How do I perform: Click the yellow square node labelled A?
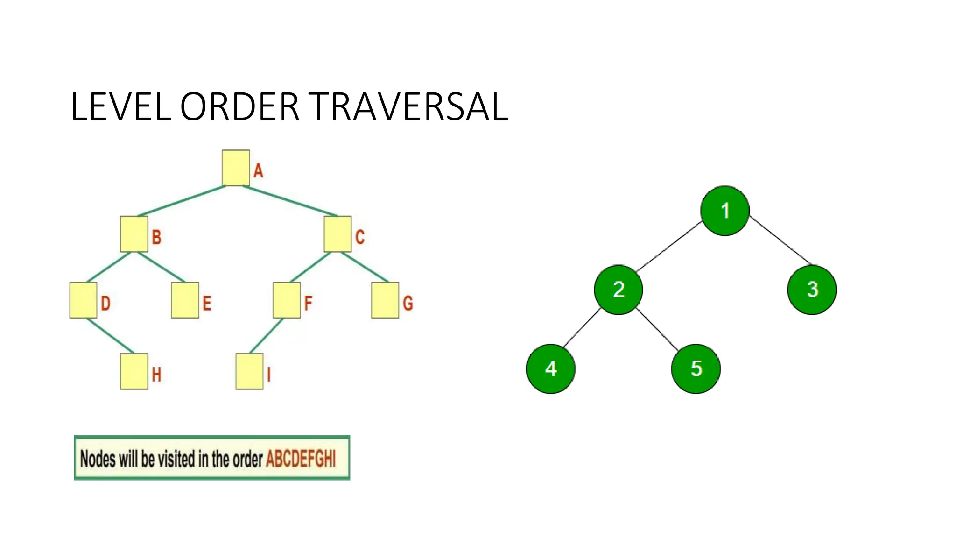pos(236,168)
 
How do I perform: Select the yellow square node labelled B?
pos(134,234)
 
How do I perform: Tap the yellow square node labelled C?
pos(337,234)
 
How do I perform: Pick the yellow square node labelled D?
pos(83,300)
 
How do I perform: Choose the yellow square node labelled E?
pos(185,300)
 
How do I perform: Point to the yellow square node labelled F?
pos(287,300)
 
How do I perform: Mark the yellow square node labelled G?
pos(385,300)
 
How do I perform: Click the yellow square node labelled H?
pos(134,371)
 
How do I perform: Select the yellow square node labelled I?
pos(249,371)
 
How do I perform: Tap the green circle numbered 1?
pos(725,211)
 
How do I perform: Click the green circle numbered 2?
pos(619,290)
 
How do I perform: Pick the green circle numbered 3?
pos(812,290)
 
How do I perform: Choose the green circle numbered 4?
pos(551,369)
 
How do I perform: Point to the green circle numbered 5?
pos(696,369)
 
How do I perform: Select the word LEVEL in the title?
pos(121,107)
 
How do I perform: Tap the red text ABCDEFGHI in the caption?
pos(301,459)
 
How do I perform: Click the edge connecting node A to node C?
pos(289,201)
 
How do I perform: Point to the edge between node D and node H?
pos(111,336)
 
